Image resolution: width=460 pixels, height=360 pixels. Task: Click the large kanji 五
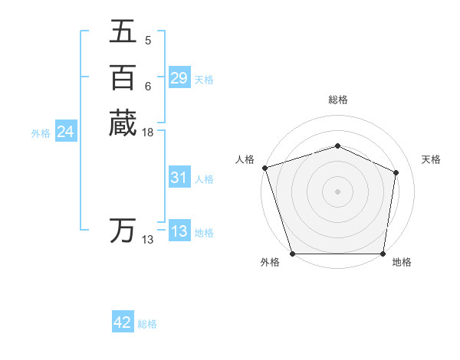122,32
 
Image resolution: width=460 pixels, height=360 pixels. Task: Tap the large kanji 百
122,77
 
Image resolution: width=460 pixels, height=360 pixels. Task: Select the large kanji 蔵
122,123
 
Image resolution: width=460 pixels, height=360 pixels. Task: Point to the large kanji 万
122,230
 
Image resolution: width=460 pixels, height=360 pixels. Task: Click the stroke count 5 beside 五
147,40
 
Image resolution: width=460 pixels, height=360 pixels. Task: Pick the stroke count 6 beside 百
147,86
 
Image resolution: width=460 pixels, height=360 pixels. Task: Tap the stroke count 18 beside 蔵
148,133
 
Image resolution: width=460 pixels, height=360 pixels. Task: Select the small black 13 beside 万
148,240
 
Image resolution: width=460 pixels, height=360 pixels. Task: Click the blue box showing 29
179,78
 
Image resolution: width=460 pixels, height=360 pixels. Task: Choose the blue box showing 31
179,178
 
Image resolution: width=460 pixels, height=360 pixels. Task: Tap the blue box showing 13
179,231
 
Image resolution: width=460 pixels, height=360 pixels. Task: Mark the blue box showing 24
65,132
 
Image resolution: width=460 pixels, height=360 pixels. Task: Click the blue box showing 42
123,322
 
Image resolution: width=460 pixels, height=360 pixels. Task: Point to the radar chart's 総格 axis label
337,100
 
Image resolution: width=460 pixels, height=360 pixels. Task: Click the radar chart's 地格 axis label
402,263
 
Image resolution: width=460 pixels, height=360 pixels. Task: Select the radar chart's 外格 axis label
270,263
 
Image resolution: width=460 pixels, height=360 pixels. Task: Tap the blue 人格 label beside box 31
204,179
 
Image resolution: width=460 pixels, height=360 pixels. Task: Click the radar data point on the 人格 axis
264,168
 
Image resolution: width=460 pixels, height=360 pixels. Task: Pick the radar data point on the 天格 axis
396,172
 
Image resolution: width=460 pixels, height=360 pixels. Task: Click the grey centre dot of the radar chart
337,191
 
